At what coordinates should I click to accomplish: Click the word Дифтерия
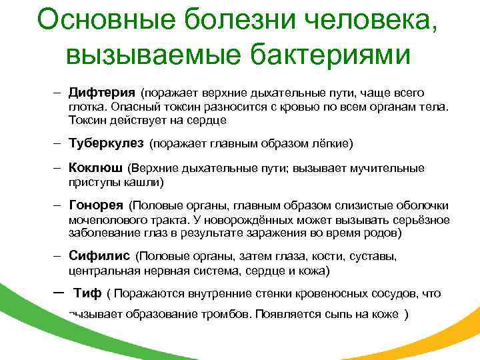pyautogui.click(x=102, y=92)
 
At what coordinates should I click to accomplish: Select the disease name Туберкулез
pyautogui.click(x=107, y=143)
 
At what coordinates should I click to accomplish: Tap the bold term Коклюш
pyautogui.click(x=96, y=168)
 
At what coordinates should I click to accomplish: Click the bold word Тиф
pyautogui.click(x=88, y=293)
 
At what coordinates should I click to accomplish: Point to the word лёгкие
pyautogui.click(x=331, y=143)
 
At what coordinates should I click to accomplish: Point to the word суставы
pyautogui.click(x=374, y=256)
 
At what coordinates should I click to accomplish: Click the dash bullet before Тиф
pyautogui.click(x=57, y=293)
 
